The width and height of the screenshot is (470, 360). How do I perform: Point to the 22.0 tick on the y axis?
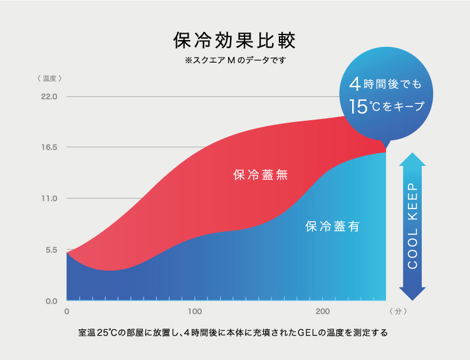coord(50,97)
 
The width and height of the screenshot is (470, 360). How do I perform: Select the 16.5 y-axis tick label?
coord(50,148)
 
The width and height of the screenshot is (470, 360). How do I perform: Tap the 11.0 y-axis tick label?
coord(50,198)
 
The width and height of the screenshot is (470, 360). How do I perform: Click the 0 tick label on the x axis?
coord(67,312)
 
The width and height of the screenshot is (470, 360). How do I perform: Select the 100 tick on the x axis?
coord(194,312)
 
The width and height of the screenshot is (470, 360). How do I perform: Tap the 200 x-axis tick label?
coord(322,312)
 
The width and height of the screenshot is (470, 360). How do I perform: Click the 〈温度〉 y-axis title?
coord(50,79)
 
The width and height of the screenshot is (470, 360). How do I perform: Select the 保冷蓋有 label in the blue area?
coord(332,227)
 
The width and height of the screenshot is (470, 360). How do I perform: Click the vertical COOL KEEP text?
coord(412,226)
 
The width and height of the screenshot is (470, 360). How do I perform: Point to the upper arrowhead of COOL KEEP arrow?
coord(412,158)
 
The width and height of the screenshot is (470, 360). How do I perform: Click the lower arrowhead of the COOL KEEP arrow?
coord(412,294)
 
